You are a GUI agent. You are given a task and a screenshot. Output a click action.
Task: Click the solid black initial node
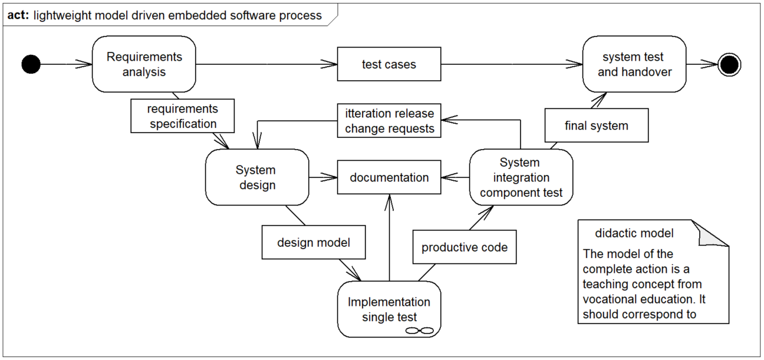click(31, 64)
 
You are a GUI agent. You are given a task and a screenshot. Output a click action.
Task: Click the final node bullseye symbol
click(729, 64)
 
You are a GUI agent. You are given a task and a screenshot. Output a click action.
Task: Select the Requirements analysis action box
click(144, 64)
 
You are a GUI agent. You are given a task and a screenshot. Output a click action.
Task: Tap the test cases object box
click(389, 64)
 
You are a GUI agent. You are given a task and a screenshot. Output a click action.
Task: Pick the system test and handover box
click(634, 64)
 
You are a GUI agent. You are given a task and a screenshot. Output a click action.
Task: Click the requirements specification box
click(183, 116)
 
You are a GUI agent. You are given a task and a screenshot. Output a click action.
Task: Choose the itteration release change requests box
click(389, 121)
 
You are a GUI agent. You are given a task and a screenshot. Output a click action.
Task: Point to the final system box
click(597, 125)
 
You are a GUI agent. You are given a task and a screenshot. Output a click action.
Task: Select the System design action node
click(257, 177)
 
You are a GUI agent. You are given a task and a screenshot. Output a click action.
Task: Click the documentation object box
click(389, 177)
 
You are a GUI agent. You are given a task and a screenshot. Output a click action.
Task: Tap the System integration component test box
click(521, 177)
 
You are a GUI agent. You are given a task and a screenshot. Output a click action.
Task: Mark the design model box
click(314, 242)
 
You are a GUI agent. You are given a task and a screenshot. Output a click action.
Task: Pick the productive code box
click(465, 247)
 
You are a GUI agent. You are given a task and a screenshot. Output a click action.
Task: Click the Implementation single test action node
click(389, 309)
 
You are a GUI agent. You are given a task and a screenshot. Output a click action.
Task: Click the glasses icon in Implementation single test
click(420, 331)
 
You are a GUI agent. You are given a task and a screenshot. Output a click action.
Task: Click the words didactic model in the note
click(634, 233)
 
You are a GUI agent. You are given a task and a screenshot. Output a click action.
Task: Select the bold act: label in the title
click(18, 15)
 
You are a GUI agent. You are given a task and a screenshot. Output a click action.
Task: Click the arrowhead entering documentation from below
click(389, 202)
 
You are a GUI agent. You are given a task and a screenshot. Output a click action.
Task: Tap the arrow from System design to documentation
click(323, 177)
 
